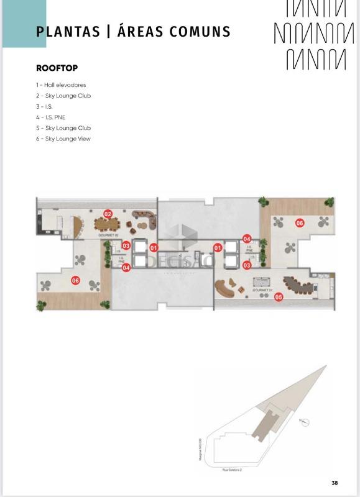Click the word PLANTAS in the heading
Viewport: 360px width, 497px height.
68,32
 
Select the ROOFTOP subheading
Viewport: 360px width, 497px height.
57,67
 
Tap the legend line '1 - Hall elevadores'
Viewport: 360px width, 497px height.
61,84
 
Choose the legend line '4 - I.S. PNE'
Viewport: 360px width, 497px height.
50,117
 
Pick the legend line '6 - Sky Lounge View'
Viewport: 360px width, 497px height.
63,139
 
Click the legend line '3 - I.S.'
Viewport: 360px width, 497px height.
44,106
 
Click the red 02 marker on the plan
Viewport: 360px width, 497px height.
108,214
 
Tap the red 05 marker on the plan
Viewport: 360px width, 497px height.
279,297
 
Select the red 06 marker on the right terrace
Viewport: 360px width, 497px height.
299,223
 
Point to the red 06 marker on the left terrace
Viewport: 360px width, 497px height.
76,280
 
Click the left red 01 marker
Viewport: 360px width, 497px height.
154,248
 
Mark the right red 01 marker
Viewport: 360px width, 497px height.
218,248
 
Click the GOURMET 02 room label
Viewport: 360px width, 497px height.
108,237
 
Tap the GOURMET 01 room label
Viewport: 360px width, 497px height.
262,290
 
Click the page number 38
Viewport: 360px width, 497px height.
335,483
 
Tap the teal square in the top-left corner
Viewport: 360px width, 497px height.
24,24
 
